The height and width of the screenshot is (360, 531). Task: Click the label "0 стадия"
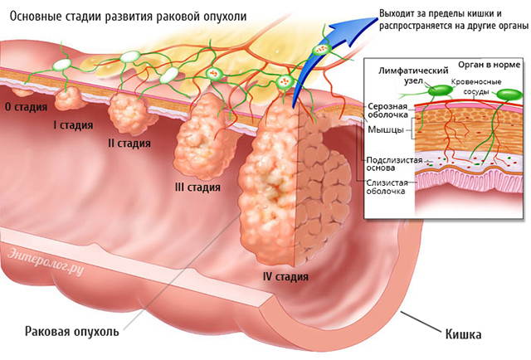pyautogui.click(x=26, y=107)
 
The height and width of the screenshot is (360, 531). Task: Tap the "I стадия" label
pyautogui.click(x=73, y=125)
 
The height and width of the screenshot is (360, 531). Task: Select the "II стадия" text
pyautogui.click(x=129, y=143)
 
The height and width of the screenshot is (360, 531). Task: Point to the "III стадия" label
pyautogui.click(x=197, y=187)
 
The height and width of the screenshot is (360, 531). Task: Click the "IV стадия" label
pyautogui.click(x=285, y=276)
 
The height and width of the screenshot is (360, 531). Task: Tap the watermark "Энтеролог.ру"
pyautogui.click(x=46, y=261)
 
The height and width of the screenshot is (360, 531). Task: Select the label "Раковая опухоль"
pyautogui.click(x=72, y=331)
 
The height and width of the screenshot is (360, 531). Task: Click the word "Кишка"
pyautogui.click(x=463, y=334)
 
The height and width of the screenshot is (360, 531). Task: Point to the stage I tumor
pyautogui.click(x=68, y=98)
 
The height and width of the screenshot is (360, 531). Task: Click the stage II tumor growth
pyautogui.click(x=129, y=114)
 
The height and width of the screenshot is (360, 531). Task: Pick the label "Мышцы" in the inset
pyautogui.click(x=385, y=129)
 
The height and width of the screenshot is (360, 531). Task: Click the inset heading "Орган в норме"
pyautogui.click(x=489, y=65)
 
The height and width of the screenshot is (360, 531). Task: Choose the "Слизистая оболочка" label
pyautogui.click(x=387, y=187)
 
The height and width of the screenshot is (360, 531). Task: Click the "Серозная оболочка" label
pyautogui.click(x=388, y=111)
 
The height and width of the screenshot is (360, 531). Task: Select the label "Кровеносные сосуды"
pyautogui.click(x=475, y=87)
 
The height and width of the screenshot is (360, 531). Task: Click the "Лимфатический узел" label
pyautogui.click(x=413, y=75)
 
